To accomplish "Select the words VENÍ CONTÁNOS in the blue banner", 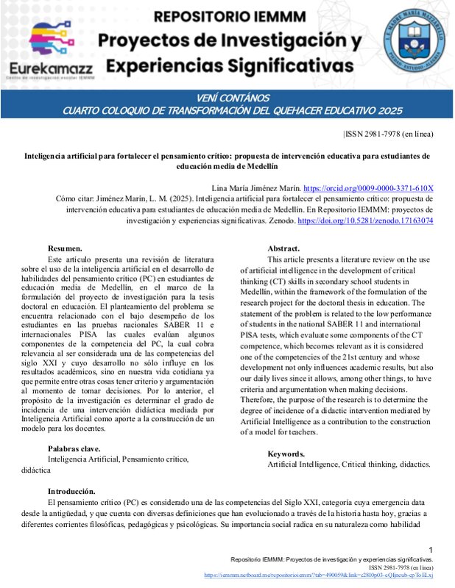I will click(x=227, y=98).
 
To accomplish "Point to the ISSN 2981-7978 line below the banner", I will click(x=389, y=134).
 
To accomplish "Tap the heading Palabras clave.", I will click(x=74, y=448).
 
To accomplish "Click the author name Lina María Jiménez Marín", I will click(x=255, y=188).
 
